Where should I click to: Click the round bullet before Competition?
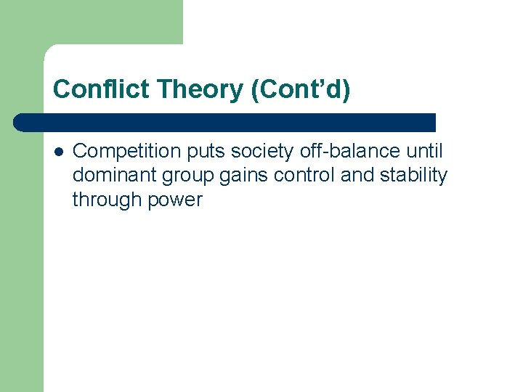[58, 152]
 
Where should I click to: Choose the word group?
[188, 176]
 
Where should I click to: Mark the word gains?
[246, 176]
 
